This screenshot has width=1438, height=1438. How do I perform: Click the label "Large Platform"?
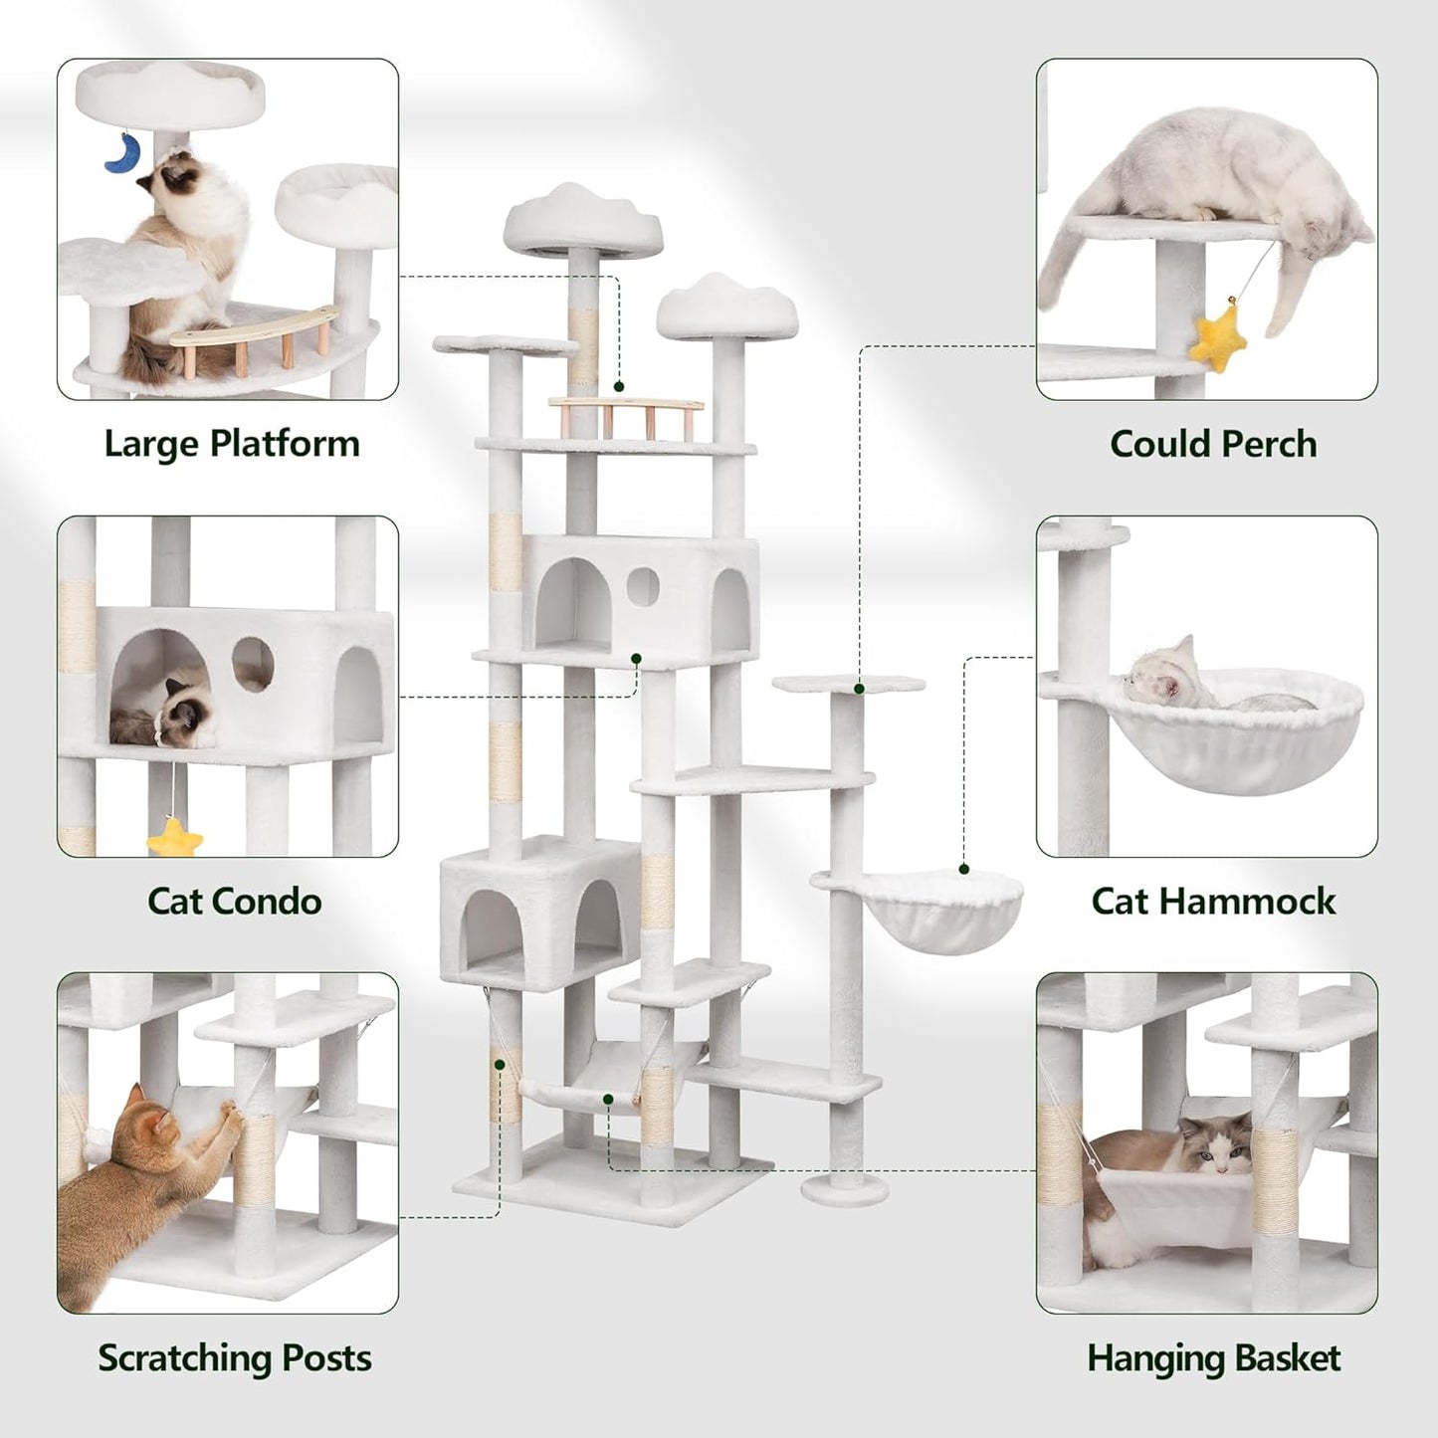pos(232,444)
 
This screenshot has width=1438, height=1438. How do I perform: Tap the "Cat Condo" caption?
pos(235,901)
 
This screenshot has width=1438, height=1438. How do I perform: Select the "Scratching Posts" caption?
pos(235,1357)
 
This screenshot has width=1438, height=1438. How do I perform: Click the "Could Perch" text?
pos(1213,444)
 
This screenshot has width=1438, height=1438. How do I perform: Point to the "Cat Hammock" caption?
pos(1213,901)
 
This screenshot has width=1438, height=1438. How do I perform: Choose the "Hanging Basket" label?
pos(1213,1357)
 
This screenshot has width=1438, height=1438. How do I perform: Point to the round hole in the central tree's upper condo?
pos(642,587)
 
